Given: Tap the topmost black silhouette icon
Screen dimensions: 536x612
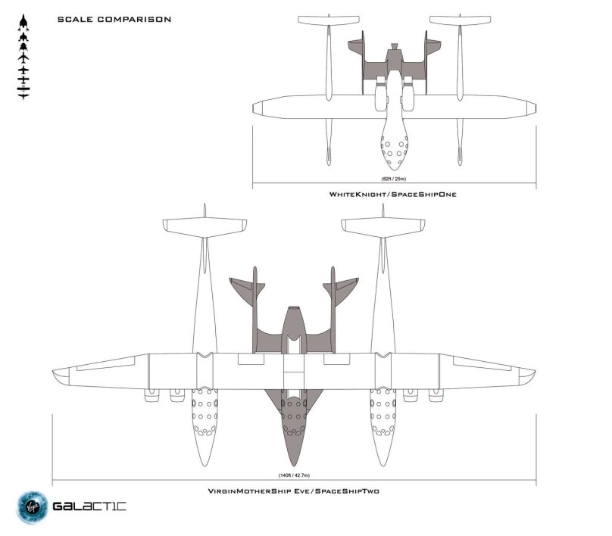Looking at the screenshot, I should coord(23,18).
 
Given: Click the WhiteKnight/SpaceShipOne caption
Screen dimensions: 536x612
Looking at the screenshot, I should coord(392,195).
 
